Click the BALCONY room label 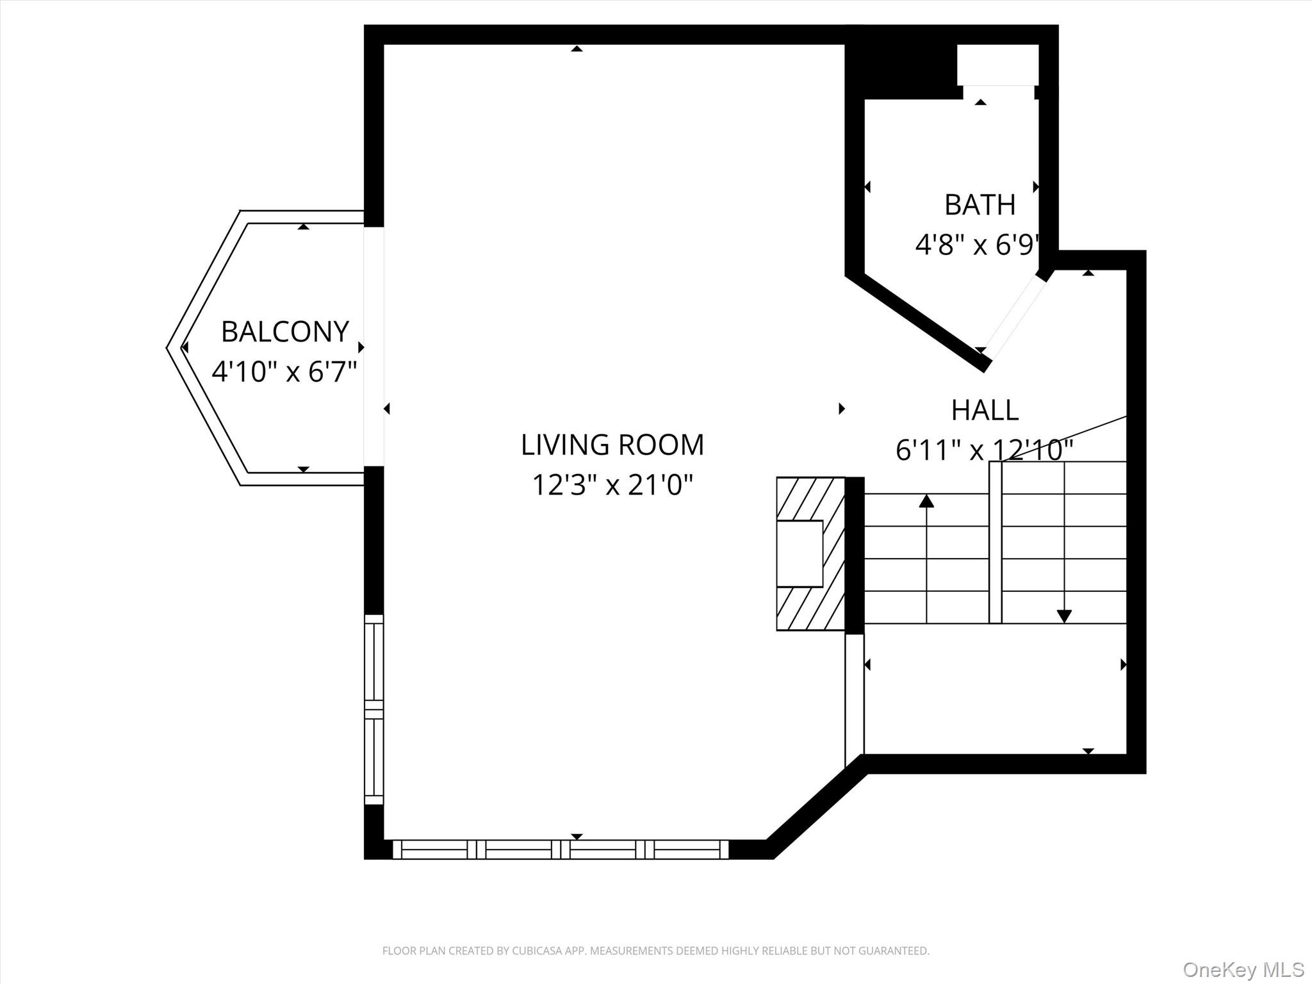(x=284, y=332)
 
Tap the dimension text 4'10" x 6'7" (x=284, y=372)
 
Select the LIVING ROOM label (x=612, y=445)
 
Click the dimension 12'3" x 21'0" (x=612, y=485)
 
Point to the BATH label (x=980, y=205)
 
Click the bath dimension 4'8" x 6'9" (x=976, y=245)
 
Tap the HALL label (x=985, y=410)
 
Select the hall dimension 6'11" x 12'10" (x=983, y=450)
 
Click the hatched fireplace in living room (x=810, y=553)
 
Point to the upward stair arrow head (x=926, y=501)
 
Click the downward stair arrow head (x=1064, y=616)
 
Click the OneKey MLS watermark (x=1243, y=969)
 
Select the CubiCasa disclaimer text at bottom (x=655, y=951)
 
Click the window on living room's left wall (x=374, y=709)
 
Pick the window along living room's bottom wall (x=561, y=849)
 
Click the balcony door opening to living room (x=374, y=346)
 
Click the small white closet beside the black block (x=997, y=64)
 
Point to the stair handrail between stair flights (x=995, y=542)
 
